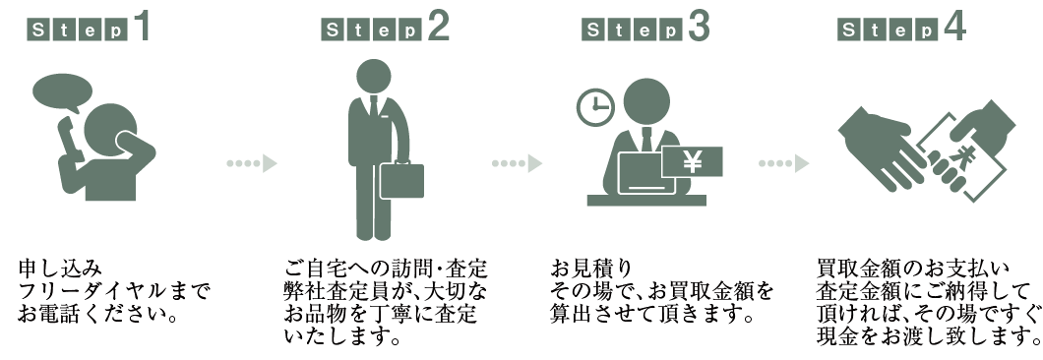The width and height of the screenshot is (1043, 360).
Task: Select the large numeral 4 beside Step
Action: click(952, 26)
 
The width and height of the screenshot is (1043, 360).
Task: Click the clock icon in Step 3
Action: click(594, 107)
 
